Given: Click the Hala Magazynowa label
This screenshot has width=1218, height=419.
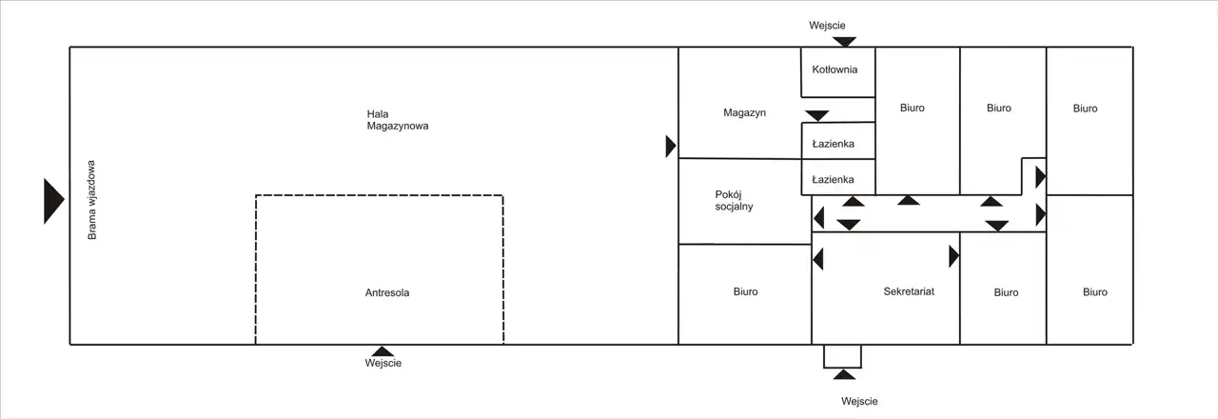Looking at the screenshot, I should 398,119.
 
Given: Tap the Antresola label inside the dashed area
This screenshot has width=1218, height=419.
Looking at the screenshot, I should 387,293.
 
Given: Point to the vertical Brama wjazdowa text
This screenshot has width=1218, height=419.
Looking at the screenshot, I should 92,204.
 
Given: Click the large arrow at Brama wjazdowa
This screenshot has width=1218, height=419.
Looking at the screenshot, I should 53,201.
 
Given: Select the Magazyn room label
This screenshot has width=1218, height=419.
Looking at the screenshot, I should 744,112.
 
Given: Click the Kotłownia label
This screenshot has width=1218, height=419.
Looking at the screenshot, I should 835,70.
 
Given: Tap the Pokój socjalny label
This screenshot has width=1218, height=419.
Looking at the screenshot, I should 734,200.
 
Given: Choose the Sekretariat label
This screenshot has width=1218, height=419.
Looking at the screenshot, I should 908,291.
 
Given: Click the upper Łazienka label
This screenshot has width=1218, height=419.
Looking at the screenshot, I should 833,145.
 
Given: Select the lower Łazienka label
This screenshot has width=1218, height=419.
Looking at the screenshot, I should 833,179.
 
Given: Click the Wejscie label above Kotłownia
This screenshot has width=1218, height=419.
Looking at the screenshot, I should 827,26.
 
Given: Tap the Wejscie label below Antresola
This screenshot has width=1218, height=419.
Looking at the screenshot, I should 383,364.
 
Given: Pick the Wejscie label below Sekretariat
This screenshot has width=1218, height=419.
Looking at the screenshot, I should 858,402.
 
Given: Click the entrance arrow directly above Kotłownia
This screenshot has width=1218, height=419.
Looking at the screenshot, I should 845,42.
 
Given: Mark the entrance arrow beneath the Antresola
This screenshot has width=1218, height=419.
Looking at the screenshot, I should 383,350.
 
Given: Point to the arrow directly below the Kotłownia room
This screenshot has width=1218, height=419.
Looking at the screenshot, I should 816,115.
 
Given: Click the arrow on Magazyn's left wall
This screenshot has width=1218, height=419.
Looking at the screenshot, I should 671,146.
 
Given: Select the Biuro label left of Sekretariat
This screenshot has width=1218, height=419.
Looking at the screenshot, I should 746,292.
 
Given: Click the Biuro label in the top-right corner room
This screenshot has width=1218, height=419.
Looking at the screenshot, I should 1085,109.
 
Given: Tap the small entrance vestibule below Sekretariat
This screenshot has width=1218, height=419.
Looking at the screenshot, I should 842,356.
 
